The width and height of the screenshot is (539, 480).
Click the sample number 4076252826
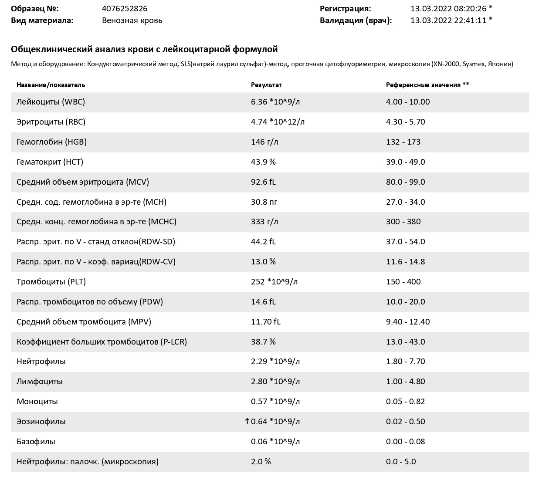125,9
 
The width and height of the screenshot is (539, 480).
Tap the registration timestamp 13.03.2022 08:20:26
448,9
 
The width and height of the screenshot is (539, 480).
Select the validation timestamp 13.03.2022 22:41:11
448,20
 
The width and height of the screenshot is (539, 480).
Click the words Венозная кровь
132,20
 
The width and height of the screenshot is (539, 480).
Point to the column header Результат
266,85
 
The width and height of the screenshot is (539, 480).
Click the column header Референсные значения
423,85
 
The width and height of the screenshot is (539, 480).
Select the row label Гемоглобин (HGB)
51,142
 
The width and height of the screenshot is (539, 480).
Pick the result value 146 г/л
264,142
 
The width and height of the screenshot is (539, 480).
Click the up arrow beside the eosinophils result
247,421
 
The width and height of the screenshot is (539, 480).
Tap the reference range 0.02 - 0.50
405,421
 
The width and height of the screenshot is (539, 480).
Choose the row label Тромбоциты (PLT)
51,282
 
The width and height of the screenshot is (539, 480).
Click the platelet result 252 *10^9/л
274,282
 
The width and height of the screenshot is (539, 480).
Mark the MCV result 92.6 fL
263,182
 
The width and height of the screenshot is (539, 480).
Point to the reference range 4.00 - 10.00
408,101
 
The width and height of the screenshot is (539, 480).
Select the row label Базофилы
36,441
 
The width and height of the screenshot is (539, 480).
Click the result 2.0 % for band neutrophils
261,461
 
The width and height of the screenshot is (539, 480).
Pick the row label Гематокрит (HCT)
50,162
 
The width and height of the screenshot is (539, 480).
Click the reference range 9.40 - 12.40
408,321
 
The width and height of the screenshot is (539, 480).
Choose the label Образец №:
35,9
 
